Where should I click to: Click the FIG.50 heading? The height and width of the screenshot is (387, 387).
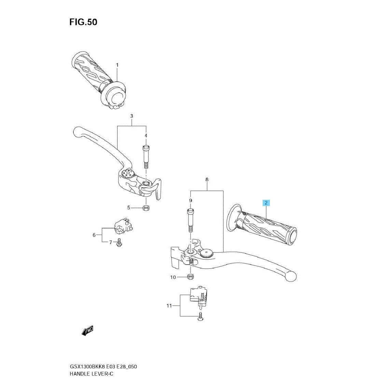(83, 22)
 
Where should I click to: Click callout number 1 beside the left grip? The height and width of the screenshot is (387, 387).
(117, 65)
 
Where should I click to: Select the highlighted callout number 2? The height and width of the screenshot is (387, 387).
(266, 203)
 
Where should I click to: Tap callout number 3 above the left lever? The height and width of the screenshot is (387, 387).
(132, 116)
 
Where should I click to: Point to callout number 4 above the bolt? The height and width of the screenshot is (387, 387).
(146, 136)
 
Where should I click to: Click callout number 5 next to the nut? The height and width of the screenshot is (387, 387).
(128, 208)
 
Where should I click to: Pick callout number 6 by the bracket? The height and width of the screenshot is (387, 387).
(94, 235)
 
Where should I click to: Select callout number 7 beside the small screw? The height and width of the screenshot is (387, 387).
(111, 242)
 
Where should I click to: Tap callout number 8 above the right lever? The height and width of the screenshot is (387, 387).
(207, 179)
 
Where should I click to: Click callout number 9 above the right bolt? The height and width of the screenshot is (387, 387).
(190, 201)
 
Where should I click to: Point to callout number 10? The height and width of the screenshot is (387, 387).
(173, 277)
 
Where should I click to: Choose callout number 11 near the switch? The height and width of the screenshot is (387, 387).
(169, 306)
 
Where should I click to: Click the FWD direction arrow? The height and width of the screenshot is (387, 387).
(87, 331)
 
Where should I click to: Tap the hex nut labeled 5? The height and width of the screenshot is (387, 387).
(146, 207)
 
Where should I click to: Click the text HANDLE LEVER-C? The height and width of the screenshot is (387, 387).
(91, 374)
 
